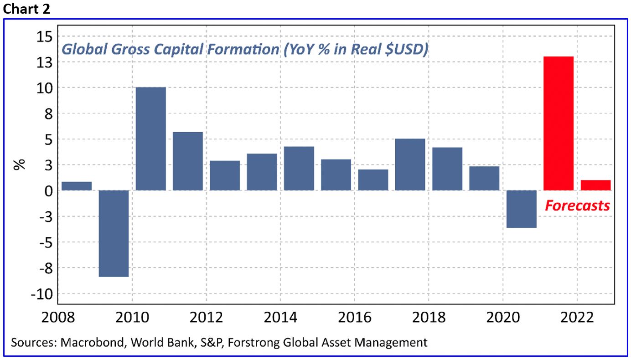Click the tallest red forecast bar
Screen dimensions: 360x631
pyautogui.click(x=559, y=123)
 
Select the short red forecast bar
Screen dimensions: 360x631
pyautogui.click(x=595, y=185)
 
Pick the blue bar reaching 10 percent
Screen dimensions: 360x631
pyautogui.click(x=151, y=139)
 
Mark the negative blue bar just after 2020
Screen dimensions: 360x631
pyautogui.click(x=522, y=209)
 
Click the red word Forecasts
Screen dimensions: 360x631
pyautogui.click(x=577, y=206)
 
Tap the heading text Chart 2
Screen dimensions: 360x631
pyautogui.click(x=26, y=9)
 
